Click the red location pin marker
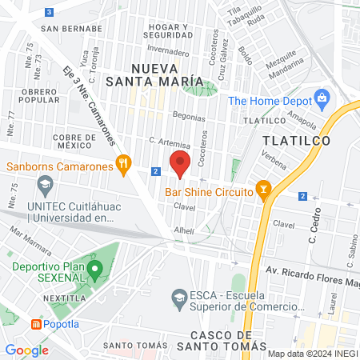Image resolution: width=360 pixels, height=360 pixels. point(180,163)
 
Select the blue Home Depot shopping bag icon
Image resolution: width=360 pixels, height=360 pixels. point(322,100)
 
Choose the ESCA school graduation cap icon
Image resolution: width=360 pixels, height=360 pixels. point(180,300)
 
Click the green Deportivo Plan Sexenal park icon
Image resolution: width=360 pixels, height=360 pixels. point(94,269)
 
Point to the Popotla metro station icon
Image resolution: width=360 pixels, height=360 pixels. point(36,324)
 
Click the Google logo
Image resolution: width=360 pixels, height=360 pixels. point(26,350)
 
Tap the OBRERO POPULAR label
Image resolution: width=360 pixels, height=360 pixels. point(40,95)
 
